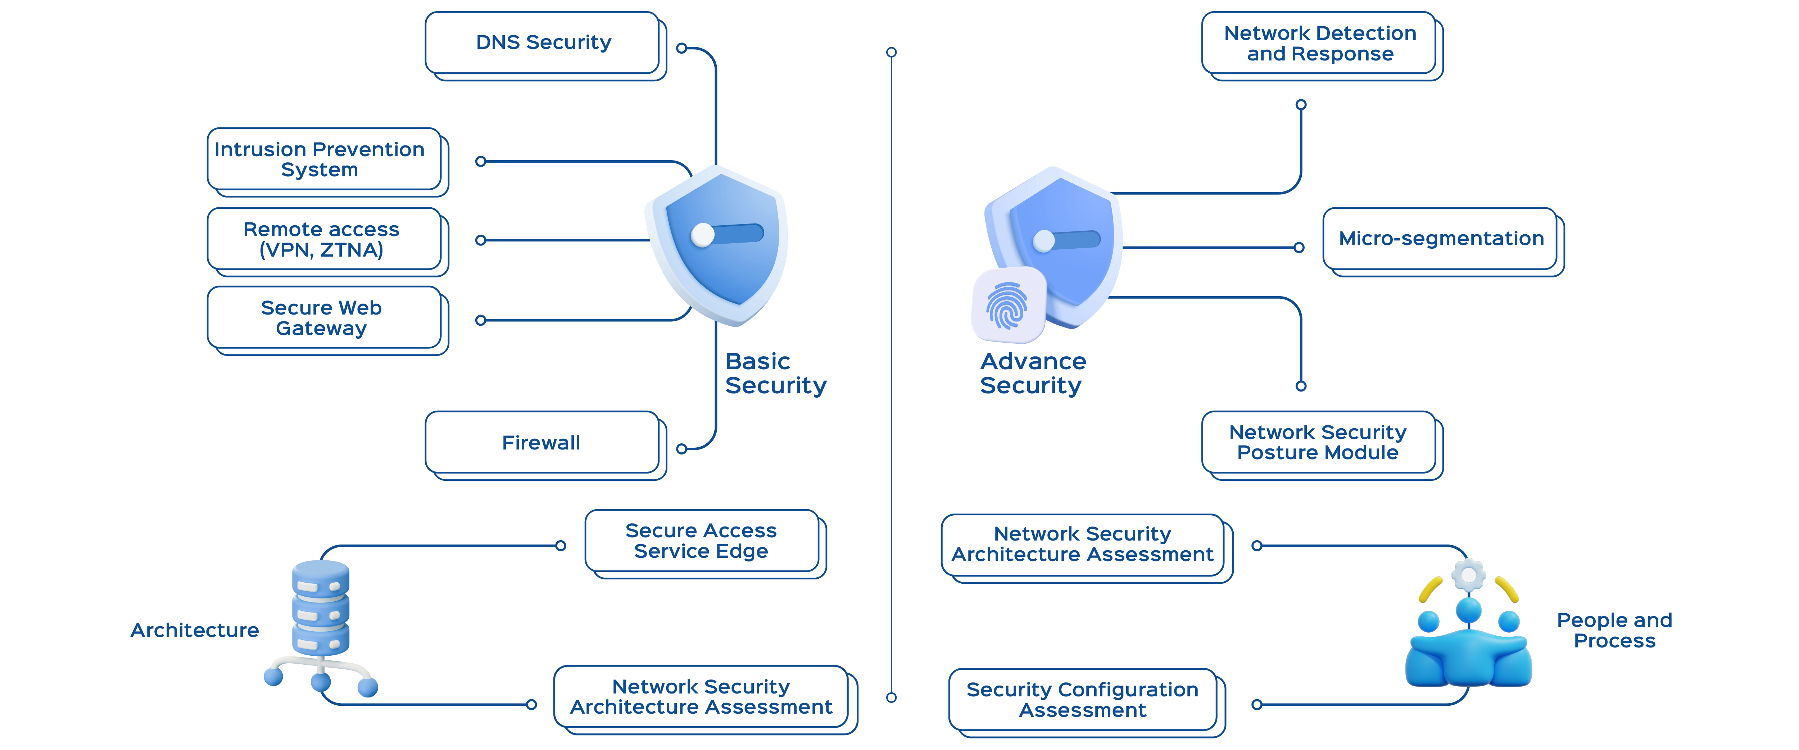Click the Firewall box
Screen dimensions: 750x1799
click(x=541, y=443)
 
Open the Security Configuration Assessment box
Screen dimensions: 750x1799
click(x=1083, y=700)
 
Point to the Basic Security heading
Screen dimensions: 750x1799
click(x=775, y=374)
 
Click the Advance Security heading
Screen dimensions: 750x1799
click(x=1032, y=374)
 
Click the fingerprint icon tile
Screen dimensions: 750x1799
click(x=1008, y=305)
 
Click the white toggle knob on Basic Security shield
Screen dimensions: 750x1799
click(x=703, y=235)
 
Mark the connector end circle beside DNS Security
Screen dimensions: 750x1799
click(x=682, y=48)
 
